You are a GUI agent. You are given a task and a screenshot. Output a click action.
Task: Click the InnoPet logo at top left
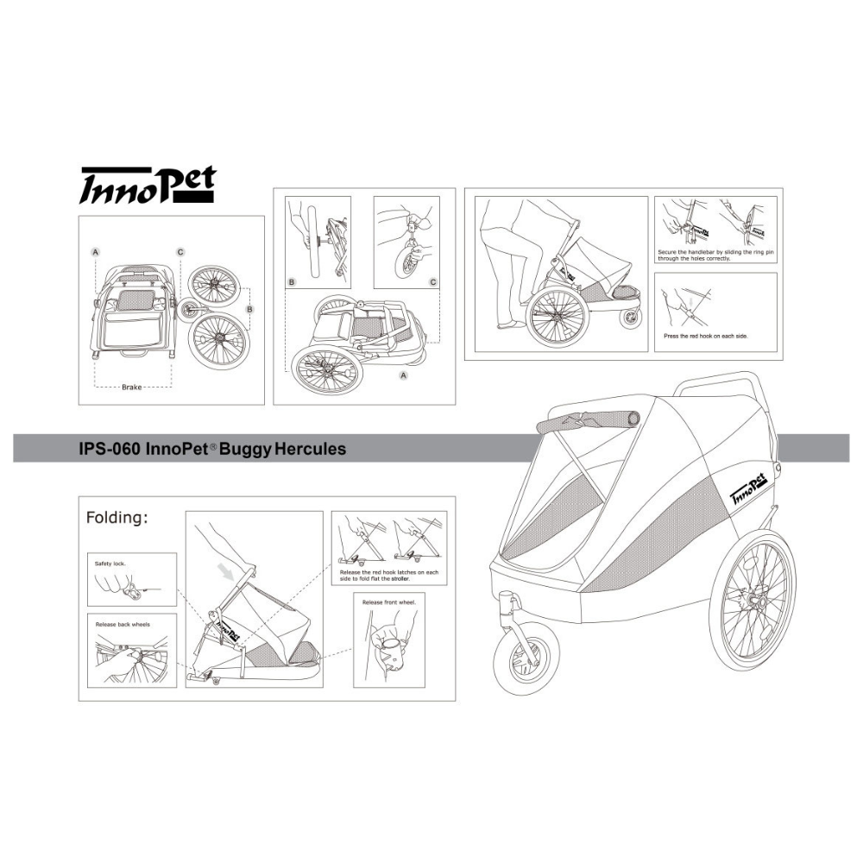[147, 185]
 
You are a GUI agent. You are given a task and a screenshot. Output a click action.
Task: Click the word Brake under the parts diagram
[131, 387]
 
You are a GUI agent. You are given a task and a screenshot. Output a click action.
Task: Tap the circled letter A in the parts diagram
[96, 252]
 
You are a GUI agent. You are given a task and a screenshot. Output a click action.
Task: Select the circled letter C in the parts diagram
[180, 252]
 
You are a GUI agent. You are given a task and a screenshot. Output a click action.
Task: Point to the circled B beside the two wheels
[250, 310]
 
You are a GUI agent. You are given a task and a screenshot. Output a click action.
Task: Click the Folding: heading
[117, 517]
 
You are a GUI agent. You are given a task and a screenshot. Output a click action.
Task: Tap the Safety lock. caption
[110, 564]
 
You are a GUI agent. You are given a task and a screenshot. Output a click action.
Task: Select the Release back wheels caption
[123, 624]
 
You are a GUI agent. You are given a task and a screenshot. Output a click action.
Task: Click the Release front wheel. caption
[389, 602]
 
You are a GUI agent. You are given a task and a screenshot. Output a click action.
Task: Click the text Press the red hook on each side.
[706, 336]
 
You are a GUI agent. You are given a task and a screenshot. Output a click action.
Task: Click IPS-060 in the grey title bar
[110, 449]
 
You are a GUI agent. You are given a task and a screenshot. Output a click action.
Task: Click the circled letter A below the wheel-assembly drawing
[403, 375]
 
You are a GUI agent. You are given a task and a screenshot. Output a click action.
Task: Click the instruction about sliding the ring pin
[715, 255]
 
